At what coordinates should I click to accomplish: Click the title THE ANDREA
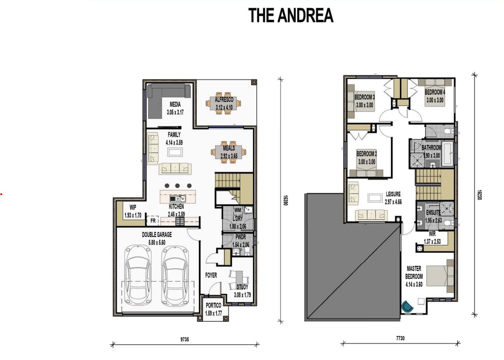coord(291,16)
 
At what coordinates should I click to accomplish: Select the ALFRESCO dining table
coord(223,103)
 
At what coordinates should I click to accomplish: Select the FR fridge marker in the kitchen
coord(153,221)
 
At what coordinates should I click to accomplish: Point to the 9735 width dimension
coord(185,339)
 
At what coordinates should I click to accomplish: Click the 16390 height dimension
coord(285,201)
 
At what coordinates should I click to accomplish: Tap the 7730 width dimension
coord(400,338)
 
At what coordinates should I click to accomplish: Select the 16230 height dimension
coord(479,195)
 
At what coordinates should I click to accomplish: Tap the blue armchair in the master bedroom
coord(407,306)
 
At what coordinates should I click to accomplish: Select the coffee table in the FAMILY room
coord(175,152)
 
